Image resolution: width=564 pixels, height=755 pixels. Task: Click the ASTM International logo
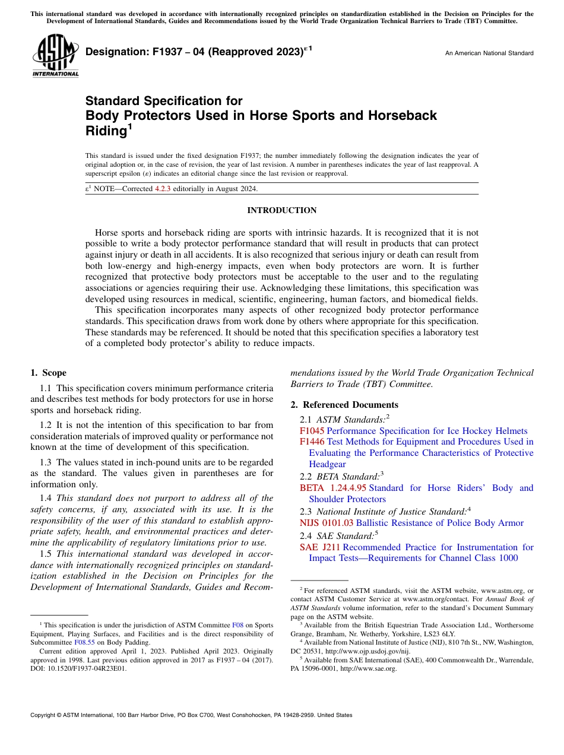(x=56, y=56)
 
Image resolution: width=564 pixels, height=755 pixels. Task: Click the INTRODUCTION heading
(x=281, y=211)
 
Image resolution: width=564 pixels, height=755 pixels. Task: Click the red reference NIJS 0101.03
(x=326, y=523)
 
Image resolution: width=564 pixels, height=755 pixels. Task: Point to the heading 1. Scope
(x=49, y=373)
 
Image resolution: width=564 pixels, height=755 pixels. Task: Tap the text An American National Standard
(x=489, y=53)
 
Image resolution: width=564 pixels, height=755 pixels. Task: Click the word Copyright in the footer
(x=45, y=715)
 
